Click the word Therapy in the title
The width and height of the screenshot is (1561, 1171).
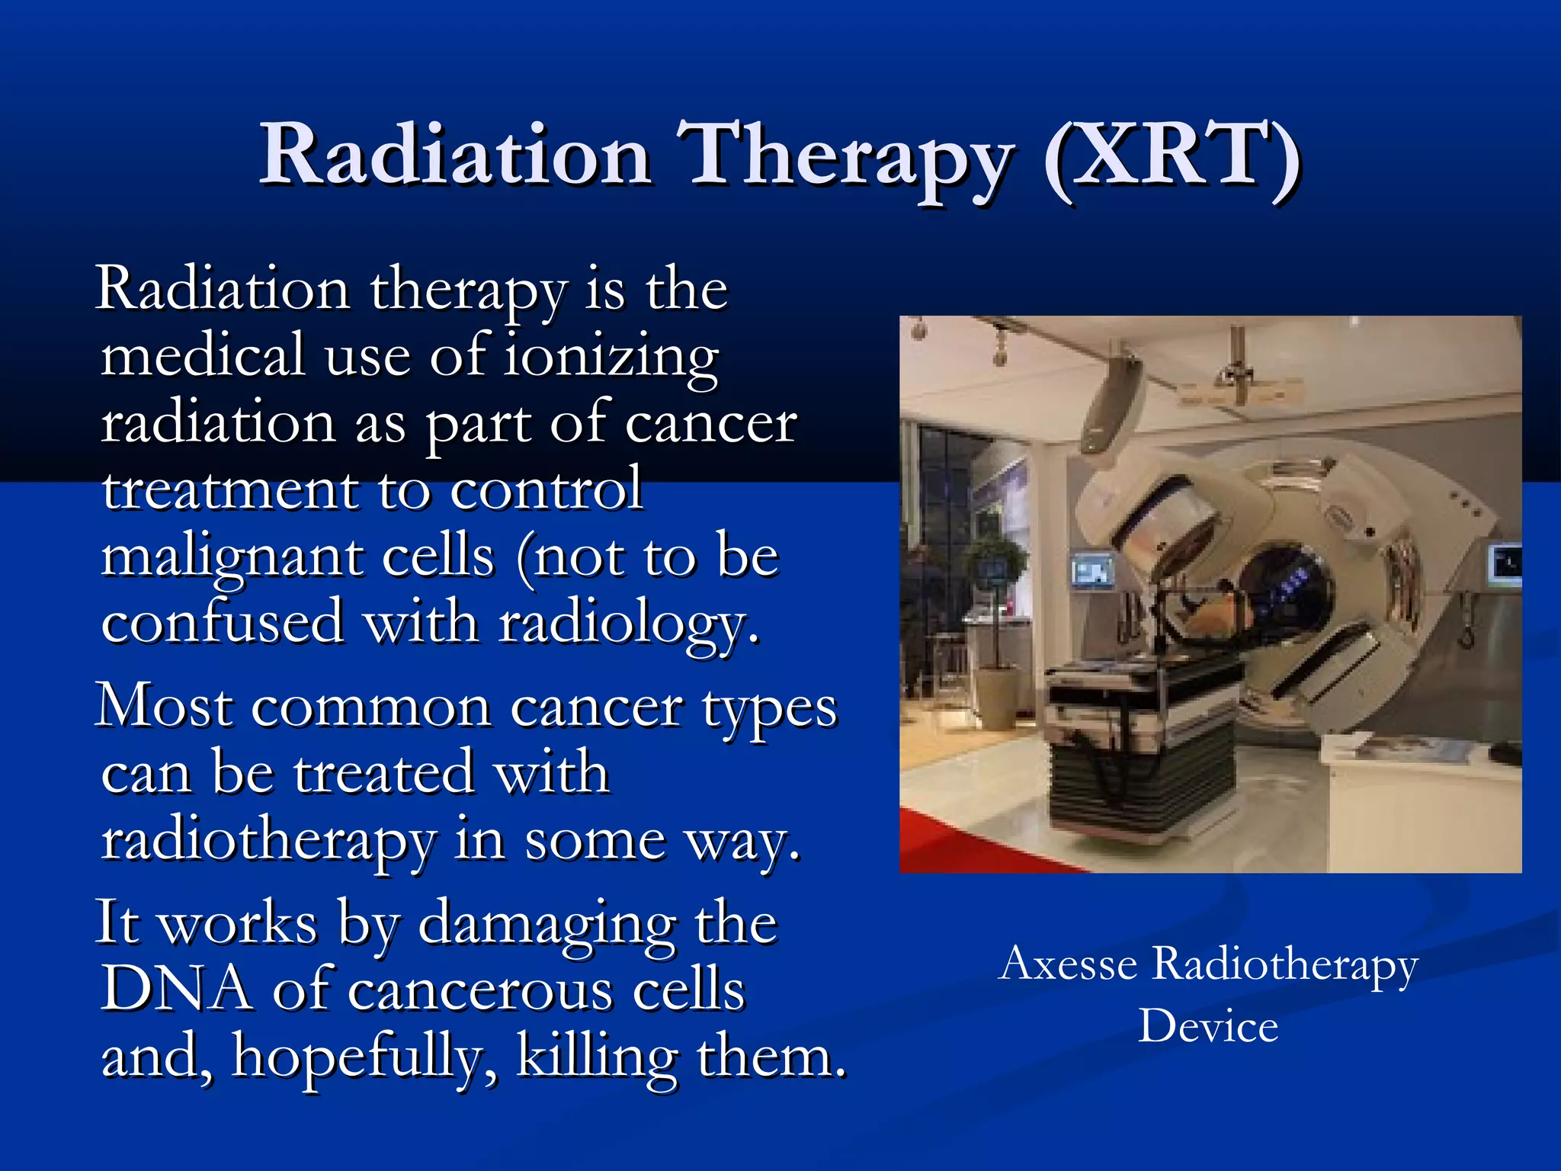click(x=846, y=156)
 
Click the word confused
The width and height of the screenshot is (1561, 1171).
click(x=222, y=622)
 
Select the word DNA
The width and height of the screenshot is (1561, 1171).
click(x=176, y=989)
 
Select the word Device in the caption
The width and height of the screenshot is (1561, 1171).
click(x=1208, y=1026)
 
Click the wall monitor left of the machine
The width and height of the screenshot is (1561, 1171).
click(x=1092, y=570)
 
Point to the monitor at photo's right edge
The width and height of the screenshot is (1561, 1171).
click(x=1505, y=565)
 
